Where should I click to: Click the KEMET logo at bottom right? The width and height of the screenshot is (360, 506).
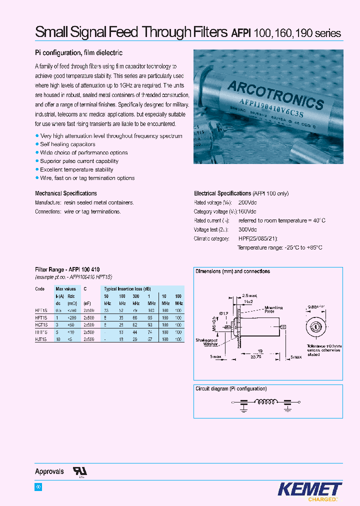tap(309, 489)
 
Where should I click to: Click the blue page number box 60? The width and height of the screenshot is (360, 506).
tap(38, 487)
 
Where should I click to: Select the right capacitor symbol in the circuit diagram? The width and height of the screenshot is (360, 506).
tap(287, 403)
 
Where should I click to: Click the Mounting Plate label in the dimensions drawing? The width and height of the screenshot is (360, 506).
tap(273, 309)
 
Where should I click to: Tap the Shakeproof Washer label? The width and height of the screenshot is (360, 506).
tap(206, 342)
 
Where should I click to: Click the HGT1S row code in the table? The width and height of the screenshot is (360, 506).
tap(40, 324)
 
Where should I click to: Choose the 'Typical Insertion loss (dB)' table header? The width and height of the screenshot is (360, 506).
tap(128, 289)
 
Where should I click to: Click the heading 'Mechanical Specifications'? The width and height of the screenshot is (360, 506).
tap(66, 193)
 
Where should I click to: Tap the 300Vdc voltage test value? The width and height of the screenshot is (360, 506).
tap(247, 229)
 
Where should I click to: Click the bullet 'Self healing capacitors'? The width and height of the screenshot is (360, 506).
tap(67, 144)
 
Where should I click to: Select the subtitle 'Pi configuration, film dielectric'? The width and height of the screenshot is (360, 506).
tap(78, 53)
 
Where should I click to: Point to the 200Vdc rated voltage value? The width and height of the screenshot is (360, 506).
tap(247, 202)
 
